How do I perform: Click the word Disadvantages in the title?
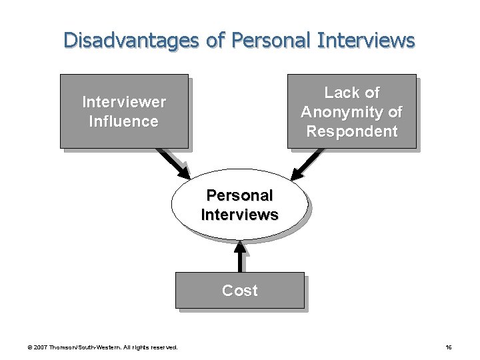[131, 40]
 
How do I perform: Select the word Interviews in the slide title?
[366, 40]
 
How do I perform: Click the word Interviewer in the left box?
[124, 102]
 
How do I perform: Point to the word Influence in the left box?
[124, 121]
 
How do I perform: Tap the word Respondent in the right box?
[352, 131]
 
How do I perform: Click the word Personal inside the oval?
[239, 195]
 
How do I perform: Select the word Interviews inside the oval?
[239, 215]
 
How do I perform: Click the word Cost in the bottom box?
[239, 291]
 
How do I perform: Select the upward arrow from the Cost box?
[240, 255]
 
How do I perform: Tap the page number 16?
[449, 347]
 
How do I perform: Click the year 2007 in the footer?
[39, 347]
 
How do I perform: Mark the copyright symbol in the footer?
[29, 347]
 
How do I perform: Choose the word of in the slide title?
[215, 40]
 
